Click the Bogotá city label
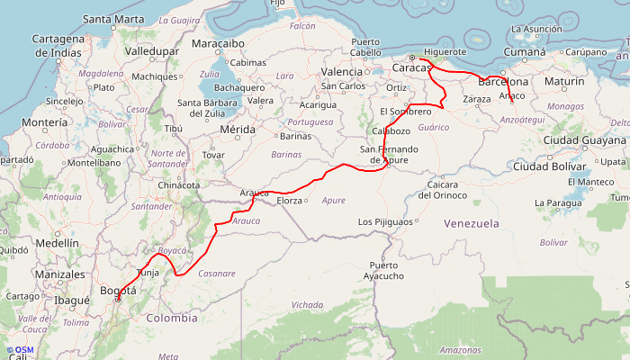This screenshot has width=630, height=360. point(118,291)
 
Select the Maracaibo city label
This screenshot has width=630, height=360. point(218,42)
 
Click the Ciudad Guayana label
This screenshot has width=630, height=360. point(583,139)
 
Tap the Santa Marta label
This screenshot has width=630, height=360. point(112,19)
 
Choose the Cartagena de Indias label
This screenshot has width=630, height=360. point(58,45)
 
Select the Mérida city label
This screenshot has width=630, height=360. point(238,130)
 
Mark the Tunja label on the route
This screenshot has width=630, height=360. point(147,271)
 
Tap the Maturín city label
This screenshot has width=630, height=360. point(564,82)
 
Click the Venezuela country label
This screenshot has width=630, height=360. point(471,222)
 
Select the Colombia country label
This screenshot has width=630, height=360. point(171,318)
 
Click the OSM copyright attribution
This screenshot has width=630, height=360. point(19,349)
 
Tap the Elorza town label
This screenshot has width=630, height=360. point(290,201)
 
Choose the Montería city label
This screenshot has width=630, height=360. point(44,121)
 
